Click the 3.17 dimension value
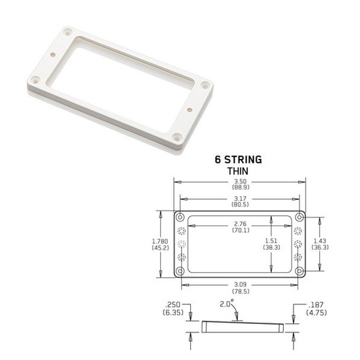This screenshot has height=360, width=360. click(239, 198)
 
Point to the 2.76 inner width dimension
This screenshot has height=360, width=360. click(238, 223)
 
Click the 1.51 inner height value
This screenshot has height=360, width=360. click(271, 240)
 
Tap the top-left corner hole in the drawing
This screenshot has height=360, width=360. click(180, 218)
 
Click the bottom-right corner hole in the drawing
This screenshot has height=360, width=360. click(298, 271)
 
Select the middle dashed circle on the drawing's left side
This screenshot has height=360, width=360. click(181, 245)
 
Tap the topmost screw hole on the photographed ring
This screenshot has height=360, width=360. click(67, 32)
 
